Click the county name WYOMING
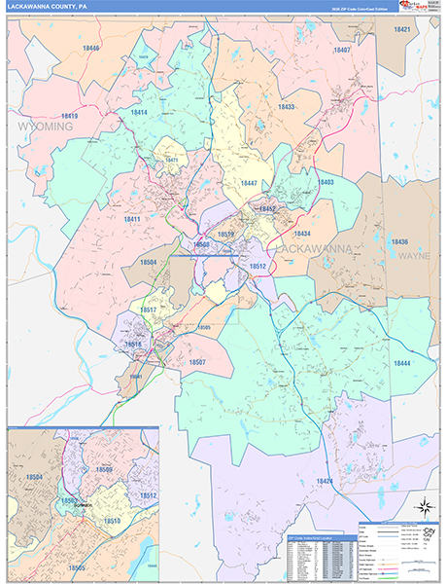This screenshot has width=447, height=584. [45, 128]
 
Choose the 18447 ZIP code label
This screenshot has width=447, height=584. [248, 184]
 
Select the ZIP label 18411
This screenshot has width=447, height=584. [132, 220]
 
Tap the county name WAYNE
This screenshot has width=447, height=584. [414, 255]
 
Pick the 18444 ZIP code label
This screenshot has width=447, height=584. [402, 362]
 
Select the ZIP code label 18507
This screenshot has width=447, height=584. [197, 362]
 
